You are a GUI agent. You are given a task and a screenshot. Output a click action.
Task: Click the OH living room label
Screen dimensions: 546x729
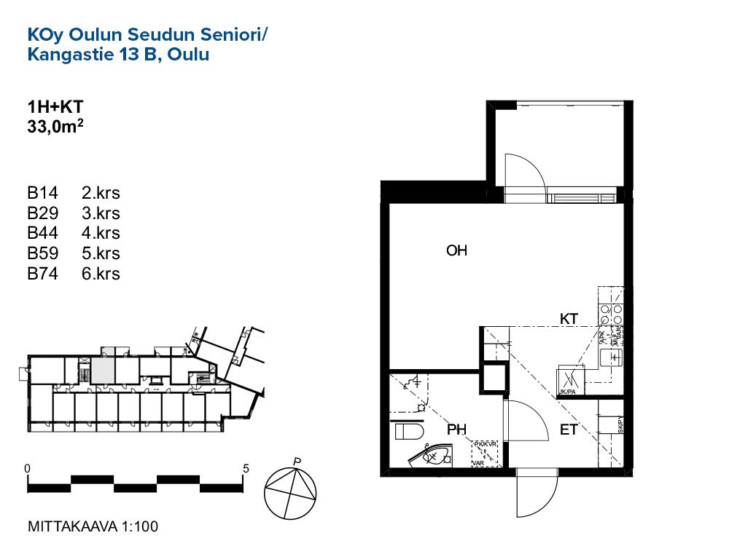tap(456, 251)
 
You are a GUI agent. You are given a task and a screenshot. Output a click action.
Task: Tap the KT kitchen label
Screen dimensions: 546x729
tap(569, 319)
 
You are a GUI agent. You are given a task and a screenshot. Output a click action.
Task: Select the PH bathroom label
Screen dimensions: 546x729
tap(456, 430)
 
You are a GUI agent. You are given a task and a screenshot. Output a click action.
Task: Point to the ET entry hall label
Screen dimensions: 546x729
tap(569, 430)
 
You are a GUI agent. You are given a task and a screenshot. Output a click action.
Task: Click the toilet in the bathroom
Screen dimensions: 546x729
tap(410, 430)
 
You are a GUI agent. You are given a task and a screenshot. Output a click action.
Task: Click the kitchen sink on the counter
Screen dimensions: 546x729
tap(614, 357)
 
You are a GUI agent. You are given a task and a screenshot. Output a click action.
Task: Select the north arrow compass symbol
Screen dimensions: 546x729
tap(292, 493)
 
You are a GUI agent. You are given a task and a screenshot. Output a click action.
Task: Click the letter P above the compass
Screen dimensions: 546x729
tap(297, 461)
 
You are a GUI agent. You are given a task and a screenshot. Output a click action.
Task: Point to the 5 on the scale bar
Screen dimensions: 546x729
tap(246, 469)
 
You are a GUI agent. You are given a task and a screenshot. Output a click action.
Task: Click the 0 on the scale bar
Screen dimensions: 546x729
tap(27, 469)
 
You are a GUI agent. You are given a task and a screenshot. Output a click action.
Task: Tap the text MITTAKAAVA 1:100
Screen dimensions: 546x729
tap(92, 526)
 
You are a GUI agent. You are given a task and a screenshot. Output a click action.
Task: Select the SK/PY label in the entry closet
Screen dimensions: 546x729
tap(620, 424)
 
